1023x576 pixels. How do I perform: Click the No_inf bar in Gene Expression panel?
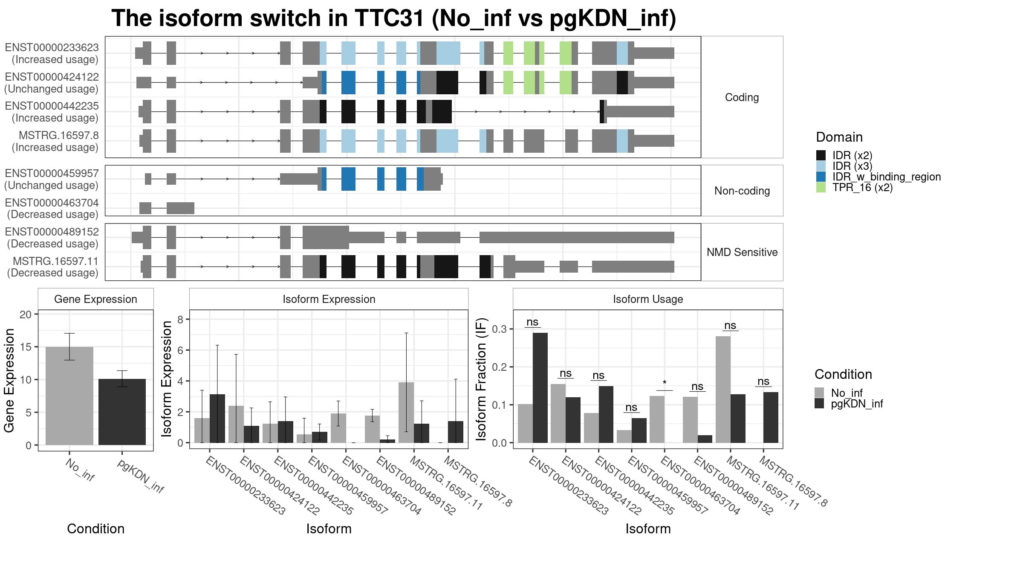pos(69,396)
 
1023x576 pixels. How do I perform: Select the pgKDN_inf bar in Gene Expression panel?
pos(122,412)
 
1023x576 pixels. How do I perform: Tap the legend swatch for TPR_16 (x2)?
pos(821,187)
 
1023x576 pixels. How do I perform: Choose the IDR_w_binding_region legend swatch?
pos(821,177)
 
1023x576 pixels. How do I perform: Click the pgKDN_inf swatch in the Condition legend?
pos(819,404)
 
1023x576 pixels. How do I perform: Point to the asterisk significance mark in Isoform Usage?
pos(665,383)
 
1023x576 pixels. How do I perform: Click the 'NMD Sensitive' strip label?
pos(742,252)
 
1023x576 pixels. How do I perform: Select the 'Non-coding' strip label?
pos(742,191)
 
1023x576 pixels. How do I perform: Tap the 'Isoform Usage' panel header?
pos(648,299)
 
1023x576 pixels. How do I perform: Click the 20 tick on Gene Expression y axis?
pos(26,314)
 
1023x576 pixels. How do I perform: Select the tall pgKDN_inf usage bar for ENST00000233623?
pos(540,387)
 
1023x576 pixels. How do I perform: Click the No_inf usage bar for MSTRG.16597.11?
pos(723,389)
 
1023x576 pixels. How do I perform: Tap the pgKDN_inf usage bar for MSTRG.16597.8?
pos(771,417)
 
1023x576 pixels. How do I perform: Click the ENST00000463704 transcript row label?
pos(52,203)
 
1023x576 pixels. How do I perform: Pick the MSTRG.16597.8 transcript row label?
pos(58,135)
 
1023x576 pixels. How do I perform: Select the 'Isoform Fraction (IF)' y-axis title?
pos(481,379)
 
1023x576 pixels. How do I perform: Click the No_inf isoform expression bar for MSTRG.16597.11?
pos(406,413)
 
